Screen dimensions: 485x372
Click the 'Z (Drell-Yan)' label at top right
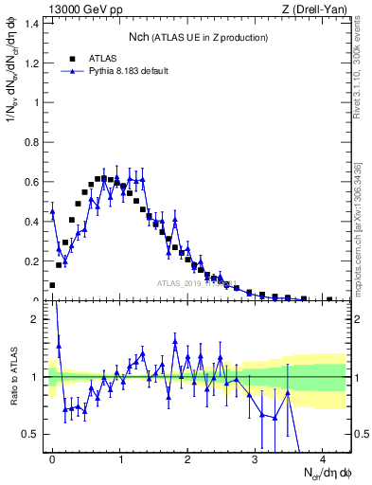click(313, 10)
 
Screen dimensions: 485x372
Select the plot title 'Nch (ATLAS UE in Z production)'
click(198, 37)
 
